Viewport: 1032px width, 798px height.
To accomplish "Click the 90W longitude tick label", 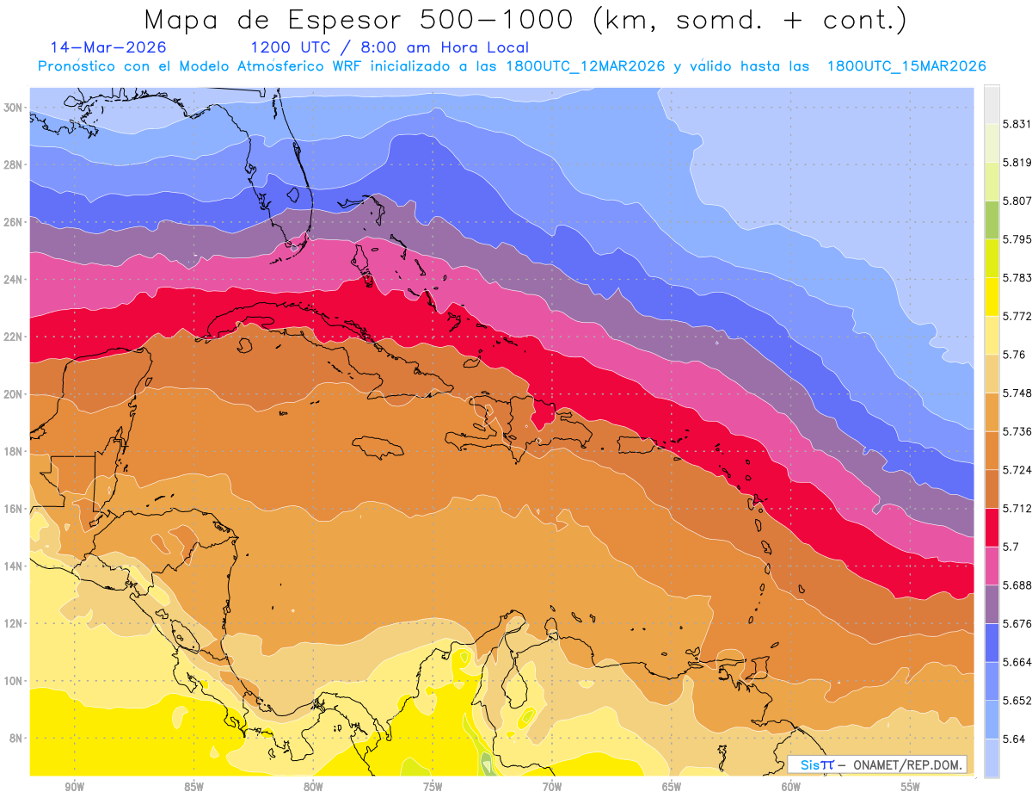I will (x=74, y=787).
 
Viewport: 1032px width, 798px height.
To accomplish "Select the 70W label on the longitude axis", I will (x=552, y=787).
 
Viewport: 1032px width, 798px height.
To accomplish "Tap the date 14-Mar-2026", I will (x=108, y=47).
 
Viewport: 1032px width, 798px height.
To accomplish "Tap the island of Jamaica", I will (x=378, y=447).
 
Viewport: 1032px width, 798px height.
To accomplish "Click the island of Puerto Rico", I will (x=637, y=444).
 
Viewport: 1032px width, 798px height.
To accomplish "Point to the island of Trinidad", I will (x=759, y=668).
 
